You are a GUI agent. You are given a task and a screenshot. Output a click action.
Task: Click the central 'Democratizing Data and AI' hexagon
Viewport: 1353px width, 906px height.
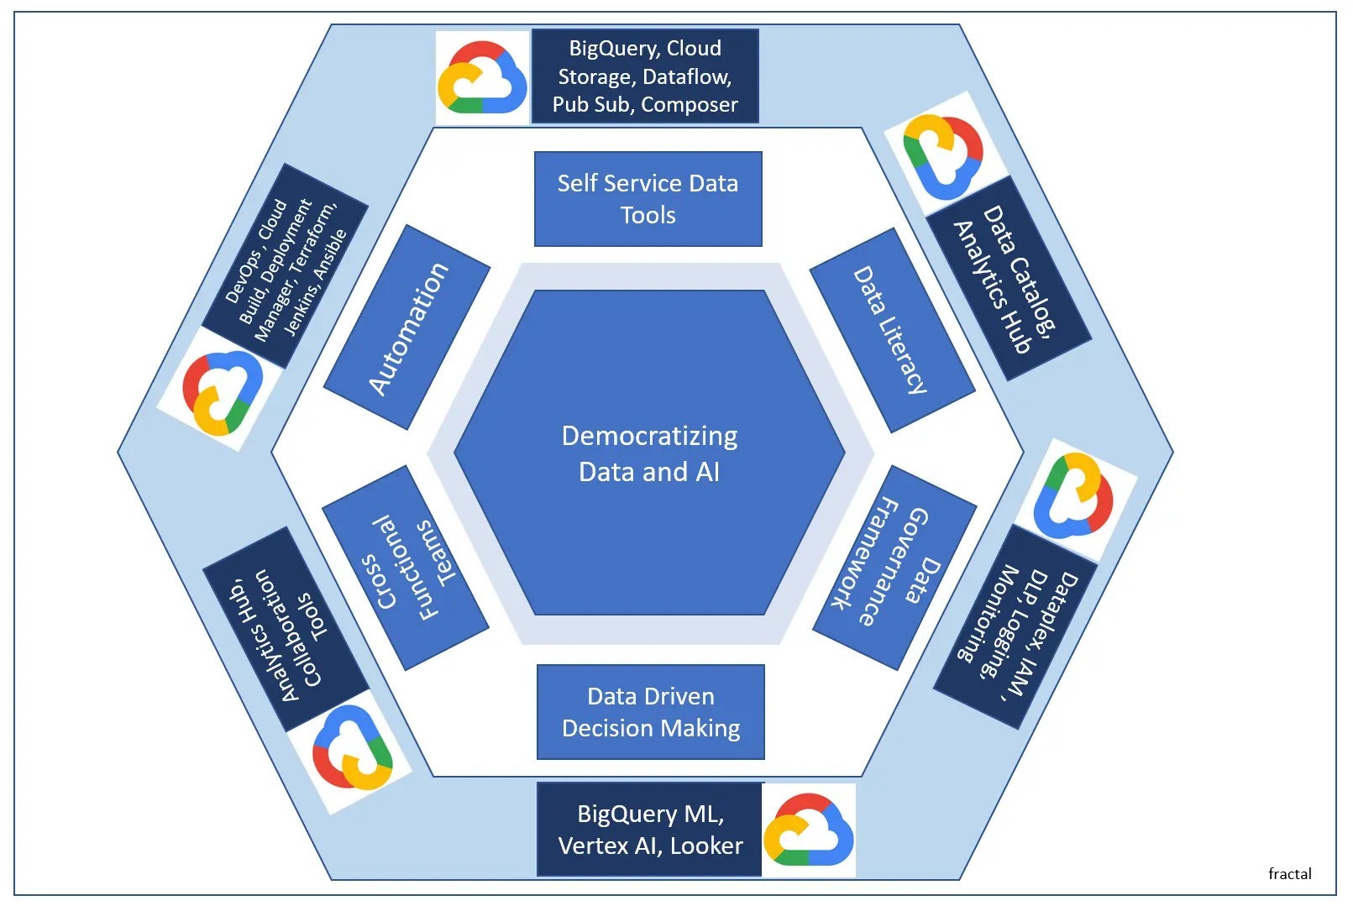pyautogui.click(x=649, y=453)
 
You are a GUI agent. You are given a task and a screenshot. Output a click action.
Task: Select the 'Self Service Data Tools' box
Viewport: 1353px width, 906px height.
pyautogui.click(x=648, y=199)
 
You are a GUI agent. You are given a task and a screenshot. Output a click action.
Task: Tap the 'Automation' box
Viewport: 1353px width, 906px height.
pyautogui.click(x=407, y=327)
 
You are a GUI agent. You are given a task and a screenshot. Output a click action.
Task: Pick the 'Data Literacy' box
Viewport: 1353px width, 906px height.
pyautogui.click(x=892, y=330)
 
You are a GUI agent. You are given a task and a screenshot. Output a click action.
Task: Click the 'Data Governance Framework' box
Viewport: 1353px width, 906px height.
pyautogui.click(x=894, y=568)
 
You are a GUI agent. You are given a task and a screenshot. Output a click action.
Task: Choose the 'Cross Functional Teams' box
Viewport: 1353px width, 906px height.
pyautogui.click(x=406, y=568)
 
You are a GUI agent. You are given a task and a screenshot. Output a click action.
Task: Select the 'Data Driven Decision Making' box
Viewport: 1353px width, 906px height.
pyautogui.click(x=650, y=712)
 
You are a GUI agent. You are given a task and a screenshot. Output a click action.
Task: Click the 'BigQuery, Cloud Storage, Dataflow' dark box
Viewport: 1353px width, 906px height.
pyautogui.click(x=645, y=76)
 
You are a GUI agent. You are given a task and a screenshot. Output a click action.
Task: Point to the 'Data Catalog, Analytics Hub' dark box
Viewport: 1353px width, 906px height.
pyautogui.click(x=1009, y=278)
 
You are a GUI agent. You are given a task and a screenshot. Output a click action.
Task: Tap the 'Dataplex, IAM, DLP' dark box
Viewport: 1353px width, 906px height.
pyautogui.click(x=1015, y=626)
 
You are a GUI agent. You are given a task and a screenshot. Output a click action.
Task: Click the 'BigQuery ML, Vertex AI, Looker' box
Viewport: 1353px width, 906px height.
pyautogui.click(x=650, y=830)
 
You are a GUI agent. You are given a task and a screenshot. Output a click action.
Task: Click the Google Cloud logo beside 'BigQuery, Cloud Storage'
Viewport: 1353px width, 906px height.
pyautogui.click(x=482, y=78)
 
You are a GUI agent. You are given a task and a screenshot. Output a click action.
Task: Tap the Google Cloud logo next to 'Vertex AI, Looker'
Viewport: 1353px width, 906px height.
pyautogui.click(x=809, y=830)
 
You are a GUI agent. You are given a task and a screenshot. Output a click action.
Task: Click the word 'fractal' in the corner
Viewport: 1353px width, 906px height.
pyautogui.click(x=1289, y=873)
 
